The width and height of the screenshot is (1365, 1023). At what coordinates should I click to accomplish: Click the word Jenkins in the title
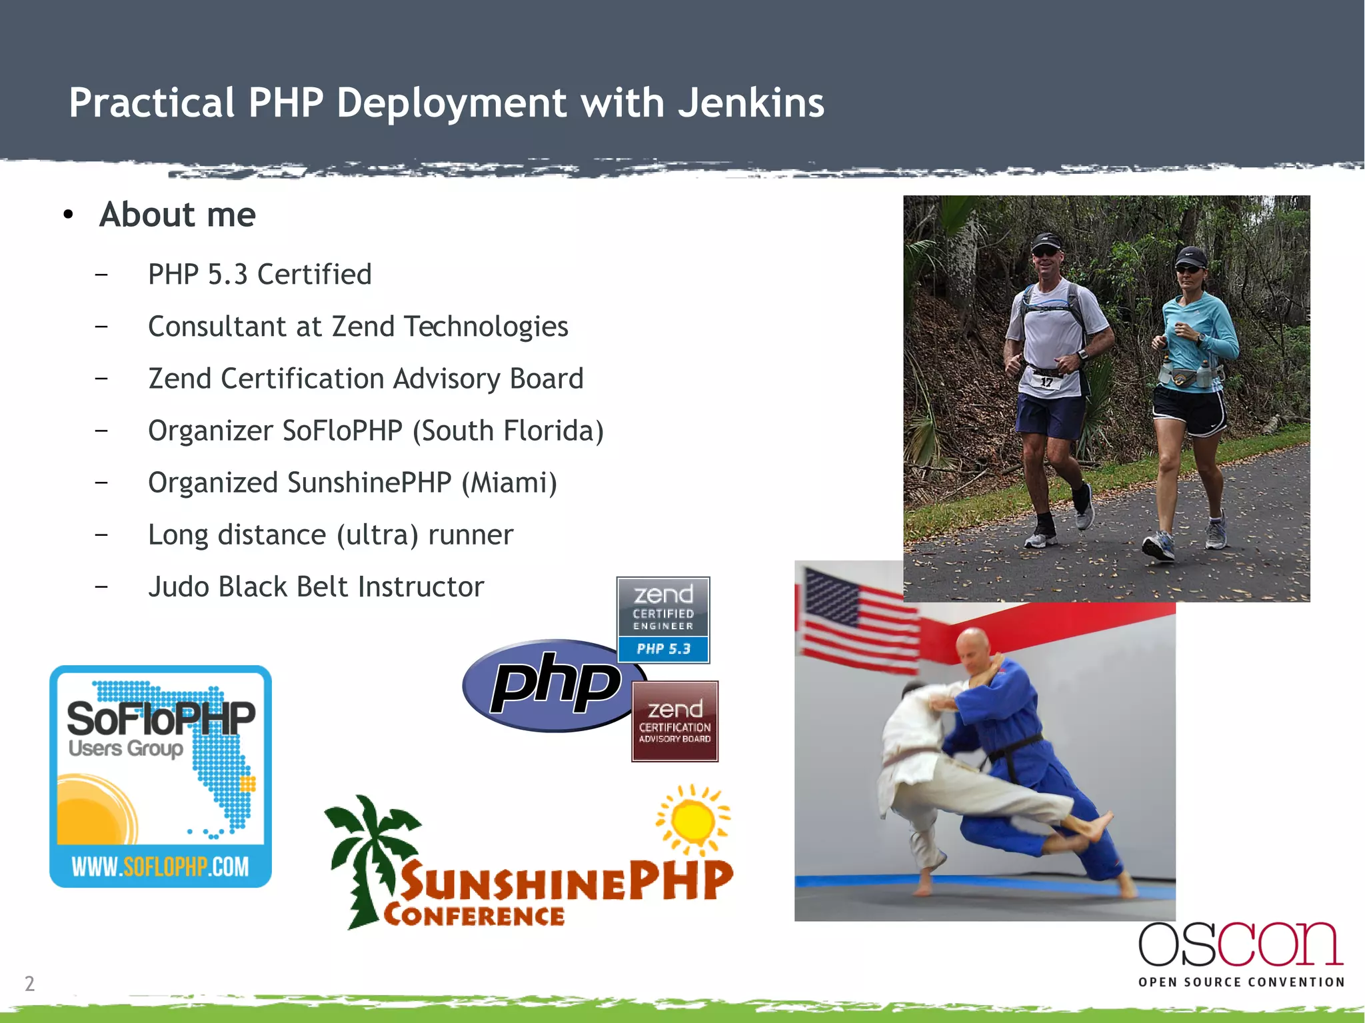[750, 103]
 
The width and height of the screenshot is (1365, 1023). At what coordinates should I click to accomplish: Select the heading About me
[177, 215]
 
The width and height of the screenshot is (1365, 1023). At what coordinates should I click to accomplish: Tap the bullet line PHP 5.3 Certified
[259, 275]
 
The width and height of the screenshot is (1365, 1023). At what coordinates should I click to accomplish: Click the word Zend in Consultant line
[364, 327]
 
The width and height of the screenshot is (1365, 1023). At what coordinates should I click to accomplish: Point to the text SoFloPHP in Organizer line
[342, 431]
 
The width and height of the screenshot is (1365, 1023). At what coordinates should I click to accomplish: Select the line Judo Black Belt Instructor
[315, 587]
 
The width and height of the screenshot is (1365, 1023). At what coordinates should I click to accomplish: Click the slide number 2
[29, 983]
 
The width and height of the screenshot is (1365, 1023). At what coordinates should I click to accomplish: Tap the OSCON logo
[1240, 953]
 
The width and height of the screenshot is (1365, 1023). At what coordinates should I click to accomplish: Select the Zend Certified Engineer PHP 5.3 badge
[663, 620]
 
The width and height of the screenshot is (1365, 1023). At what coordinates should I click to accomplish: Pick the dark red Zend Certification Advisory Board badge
[675, 721]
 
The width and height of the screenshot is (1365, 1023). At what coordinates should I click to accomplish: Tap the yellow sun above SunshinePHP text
[693, 818]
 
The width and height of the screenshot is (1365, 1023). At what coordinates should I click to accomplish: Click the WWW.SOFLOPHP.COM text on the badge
[160, 866]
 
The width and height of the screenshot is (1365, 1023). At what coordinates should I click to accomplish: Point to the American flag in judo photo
[856, 616]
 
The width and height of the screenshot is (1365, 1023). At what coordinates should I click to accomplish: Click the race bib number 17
[1046, 382]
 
